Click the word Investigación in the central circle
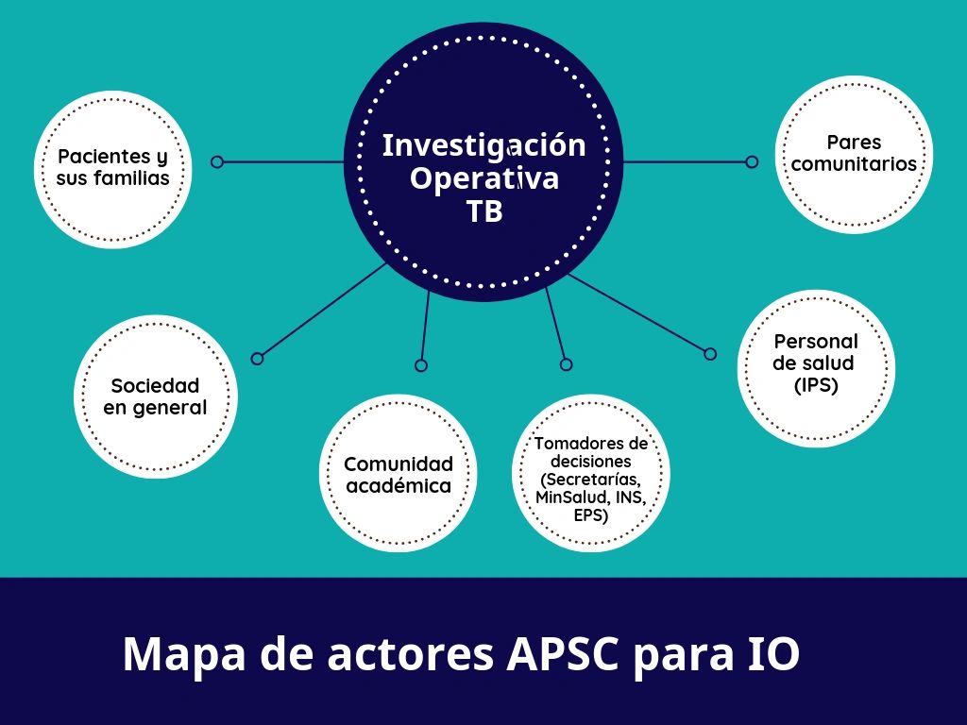(x=484, y=146)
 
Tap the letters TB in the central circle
(x=484, y=211)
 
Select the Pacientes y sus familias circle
(x=113, y=169)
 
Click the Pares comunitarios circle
(x=854, y=154)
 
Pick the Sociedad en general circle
(x=156, y=396)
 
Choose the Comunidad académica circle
(x=398, y=474)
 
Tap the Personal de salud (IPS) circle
(x=816, y=368)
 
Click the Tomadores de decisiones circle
(x=591, y=474)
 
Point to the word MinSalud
(x=565, y=497)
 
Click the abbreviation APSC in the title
(x=561, y=653)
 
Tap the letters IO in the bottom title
(x=773, y=653)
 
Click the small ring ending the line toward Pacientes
(x=217, y=161)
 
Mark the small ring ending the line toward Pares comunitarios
(x=752, y=161)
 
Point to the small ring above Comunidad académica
(x=421, y=365)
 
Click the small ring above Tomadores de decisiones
(x=567, y=365)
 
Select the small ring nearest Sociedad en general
(x=257, y=358)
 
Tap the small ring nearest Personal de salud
(x=710, y=354)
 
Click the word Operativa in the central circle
(x=484, y=179)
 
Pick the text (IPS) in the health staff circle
(x=816, y=385)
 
